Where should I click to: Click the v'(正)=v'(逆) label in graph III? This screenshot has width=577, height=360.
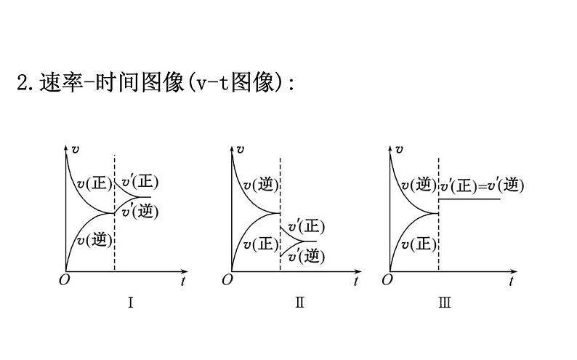pyautogui.click(x=481, y=186)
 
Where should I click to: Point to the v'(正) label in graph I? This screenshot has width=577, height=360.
pyautogui.click(x=140, y=182)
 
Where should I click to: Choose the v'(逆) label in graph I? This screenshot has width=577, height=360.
pyautogui.click(x=140, y=211)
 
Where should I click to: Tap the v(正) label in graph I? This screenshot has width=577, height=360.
pyautogui.click(x=95, y=184)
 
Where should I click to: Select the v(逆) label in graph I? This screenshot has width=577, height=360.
pyautogui.click(x=94, y=239)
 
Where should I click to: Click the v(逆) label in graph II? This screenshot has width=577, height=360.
pyautogui.click(x=260, y=186)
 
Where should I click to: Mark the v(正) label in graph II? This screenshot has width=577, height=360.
pyautogui.click(x=261, y=245)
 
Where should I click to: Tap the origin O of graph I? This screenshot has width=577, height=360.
pyautogui.click(x=62, y=280)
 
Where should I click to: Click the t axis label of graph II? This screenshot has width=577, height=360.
pyautogui.click(x=355, y=281)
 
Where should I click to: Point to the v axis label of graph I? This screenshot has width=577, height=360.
pyautogui.click(x=76, y=149)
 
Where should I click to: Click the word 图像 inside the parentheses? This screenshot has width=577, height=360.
pyautogui.click(x=257, y=83)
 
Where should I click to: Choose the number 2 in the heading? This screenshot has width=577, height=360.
pyautogui.click(x=22, y=83)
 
